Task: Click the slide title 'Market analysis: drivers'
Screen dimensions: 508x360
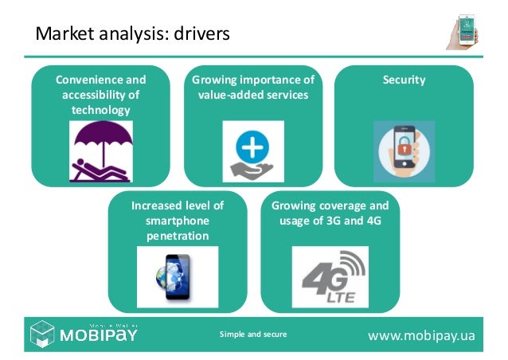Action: pos(131,34)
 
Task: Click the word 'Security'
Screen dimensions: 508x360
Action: pos(404,80)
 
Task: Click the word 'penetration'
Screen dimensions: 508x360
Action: pos(177,236)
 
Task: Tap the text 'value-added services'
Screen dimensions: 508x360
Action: pos(253,95)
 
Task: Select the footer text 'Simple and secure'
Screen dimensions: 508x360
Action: pos(253,335)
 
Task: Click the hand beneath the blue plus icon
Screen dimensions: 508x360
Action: pos(253,170)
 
